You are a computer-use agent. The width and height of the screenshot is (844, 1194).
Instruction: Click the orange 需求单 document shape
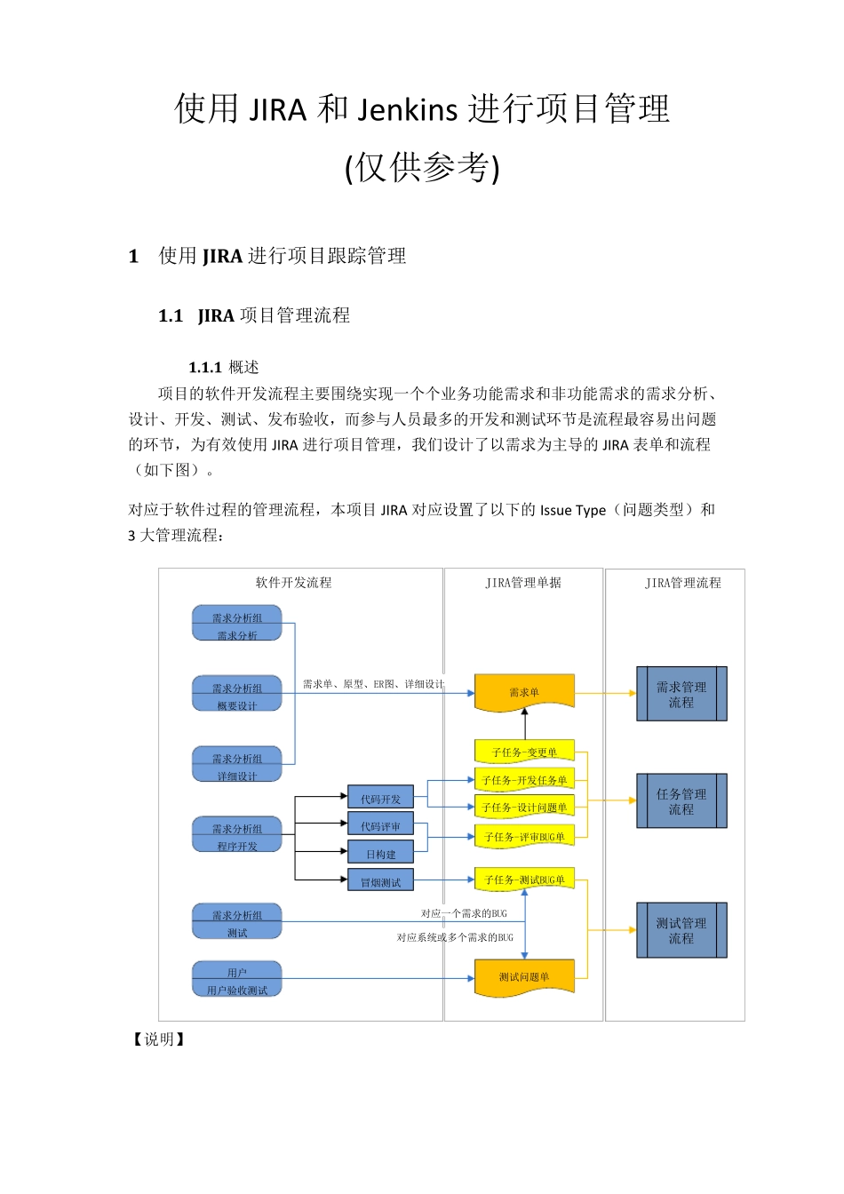(x=524, y=692)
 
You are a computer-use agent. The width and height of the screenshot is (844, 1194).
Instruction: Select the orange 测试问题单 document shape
(x=524, y=977)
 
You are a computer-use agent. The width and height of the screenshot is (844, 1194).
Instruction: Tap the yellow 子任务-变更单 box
(x=524, y=752)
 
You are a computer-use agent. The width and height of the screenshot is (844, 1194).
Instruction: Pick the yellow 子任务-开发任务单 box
(x=524, y=780)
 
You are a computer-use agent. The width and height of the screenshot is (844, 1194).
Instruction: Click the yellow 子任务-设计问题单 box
(x=524, y=808)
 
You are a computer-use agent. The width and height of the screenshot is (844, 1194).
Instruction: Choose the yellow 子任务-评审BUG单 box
(x=524, y=836)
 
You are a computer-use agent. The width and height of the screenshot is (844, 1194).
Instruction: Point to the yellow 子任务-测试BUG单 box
(x=524, y=880)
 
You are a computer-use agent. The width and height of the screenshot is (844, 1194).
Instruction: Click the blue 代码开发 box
(x=380, y=799)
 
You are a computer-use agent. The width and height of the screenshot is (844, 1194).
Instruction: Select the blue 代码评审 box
(x=380, y=826)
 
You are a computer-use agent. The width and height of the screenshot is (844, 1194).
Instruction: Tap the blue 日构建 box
(x=380, y=854)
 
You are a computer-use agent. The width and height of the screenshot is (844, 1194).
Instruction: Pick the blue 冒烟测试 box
(x=380, y=881)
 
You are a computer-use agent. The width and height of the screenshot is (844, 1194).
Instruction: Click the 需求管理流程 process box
(x=681, y=694)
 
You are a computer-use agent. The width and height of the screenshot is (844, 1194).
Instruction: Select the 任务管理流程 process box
(x=681, y=801)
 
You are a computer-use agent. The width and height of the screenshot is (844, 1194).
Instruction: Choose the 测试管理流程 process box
(x=681, y=930)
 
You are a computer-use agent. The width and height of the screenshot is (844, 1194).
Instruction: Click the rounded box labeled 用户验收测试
(x=237, y=980)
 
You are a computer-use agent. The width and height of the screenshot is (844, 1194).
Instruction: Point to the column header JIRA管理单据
(x=523, y=583)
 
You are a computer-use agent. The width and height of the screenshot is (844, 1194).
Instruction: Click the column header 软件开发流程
(x=293, y=583)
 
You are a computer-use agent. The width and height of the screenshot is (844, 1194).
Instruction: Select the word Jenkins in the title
(x=408, y=109)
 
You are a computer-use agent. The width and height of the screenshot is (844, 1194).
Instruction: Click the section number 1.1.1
(x=205, y=367)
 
